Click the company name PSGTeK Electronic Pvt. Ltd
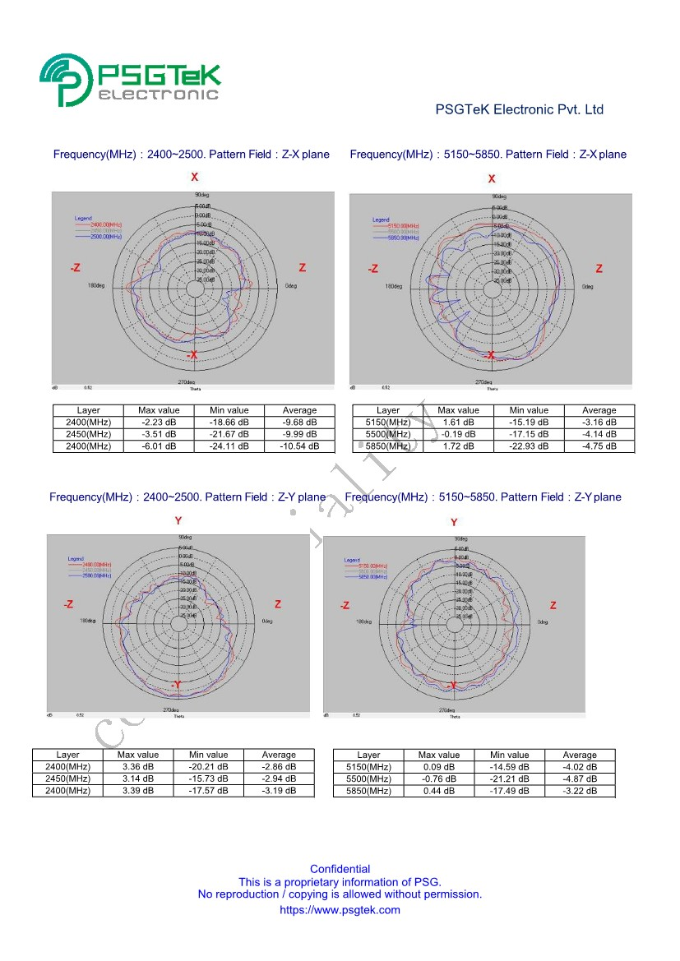pyautogui.click(x=519, y=109)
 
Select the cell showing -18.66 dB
pyautogui.click(x=229, y=423)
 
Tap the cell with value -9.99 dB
pyautogui.click(x=299, y=434)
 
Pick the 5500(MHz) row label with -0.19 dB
pyautogui.click(x=387, y=434)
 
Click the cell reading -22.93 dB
pyautogui.click(x=529, y=446)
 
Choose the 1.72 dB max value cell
pyautogui.click(x=458, y=446)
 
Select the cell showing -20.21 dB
pyautogui.click(x=209, y=767)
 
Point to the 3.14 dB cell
pyautogui.click(x=138, y=779)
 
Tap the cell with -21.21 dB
pyautogui.click(x=510, y=779)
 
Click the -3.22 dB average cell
pyautogui.click(x=580, y=791)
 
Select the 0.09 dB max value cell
pyautogui.click(x=439, y=767)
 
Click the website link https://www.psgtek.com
pyautogui.click(x=340, y=910)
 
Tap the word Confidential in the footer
pyautogui.click(x=340, y=869)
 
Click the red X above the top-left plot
pyautogui.click(x=195, y=178)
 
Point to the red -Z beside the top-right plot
pyautogui.click(x=373, y=269)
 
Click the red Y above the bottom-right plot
pyautogui.click(x=454, y=522)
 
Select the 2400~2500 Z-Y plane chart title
pyautogui.click(x=187, y=497)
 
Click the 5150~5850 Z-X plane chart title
pyautogui.click(x=488, y=155)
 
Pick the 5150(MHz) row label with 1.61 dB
pyautogui.click(x=387, y=423)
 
